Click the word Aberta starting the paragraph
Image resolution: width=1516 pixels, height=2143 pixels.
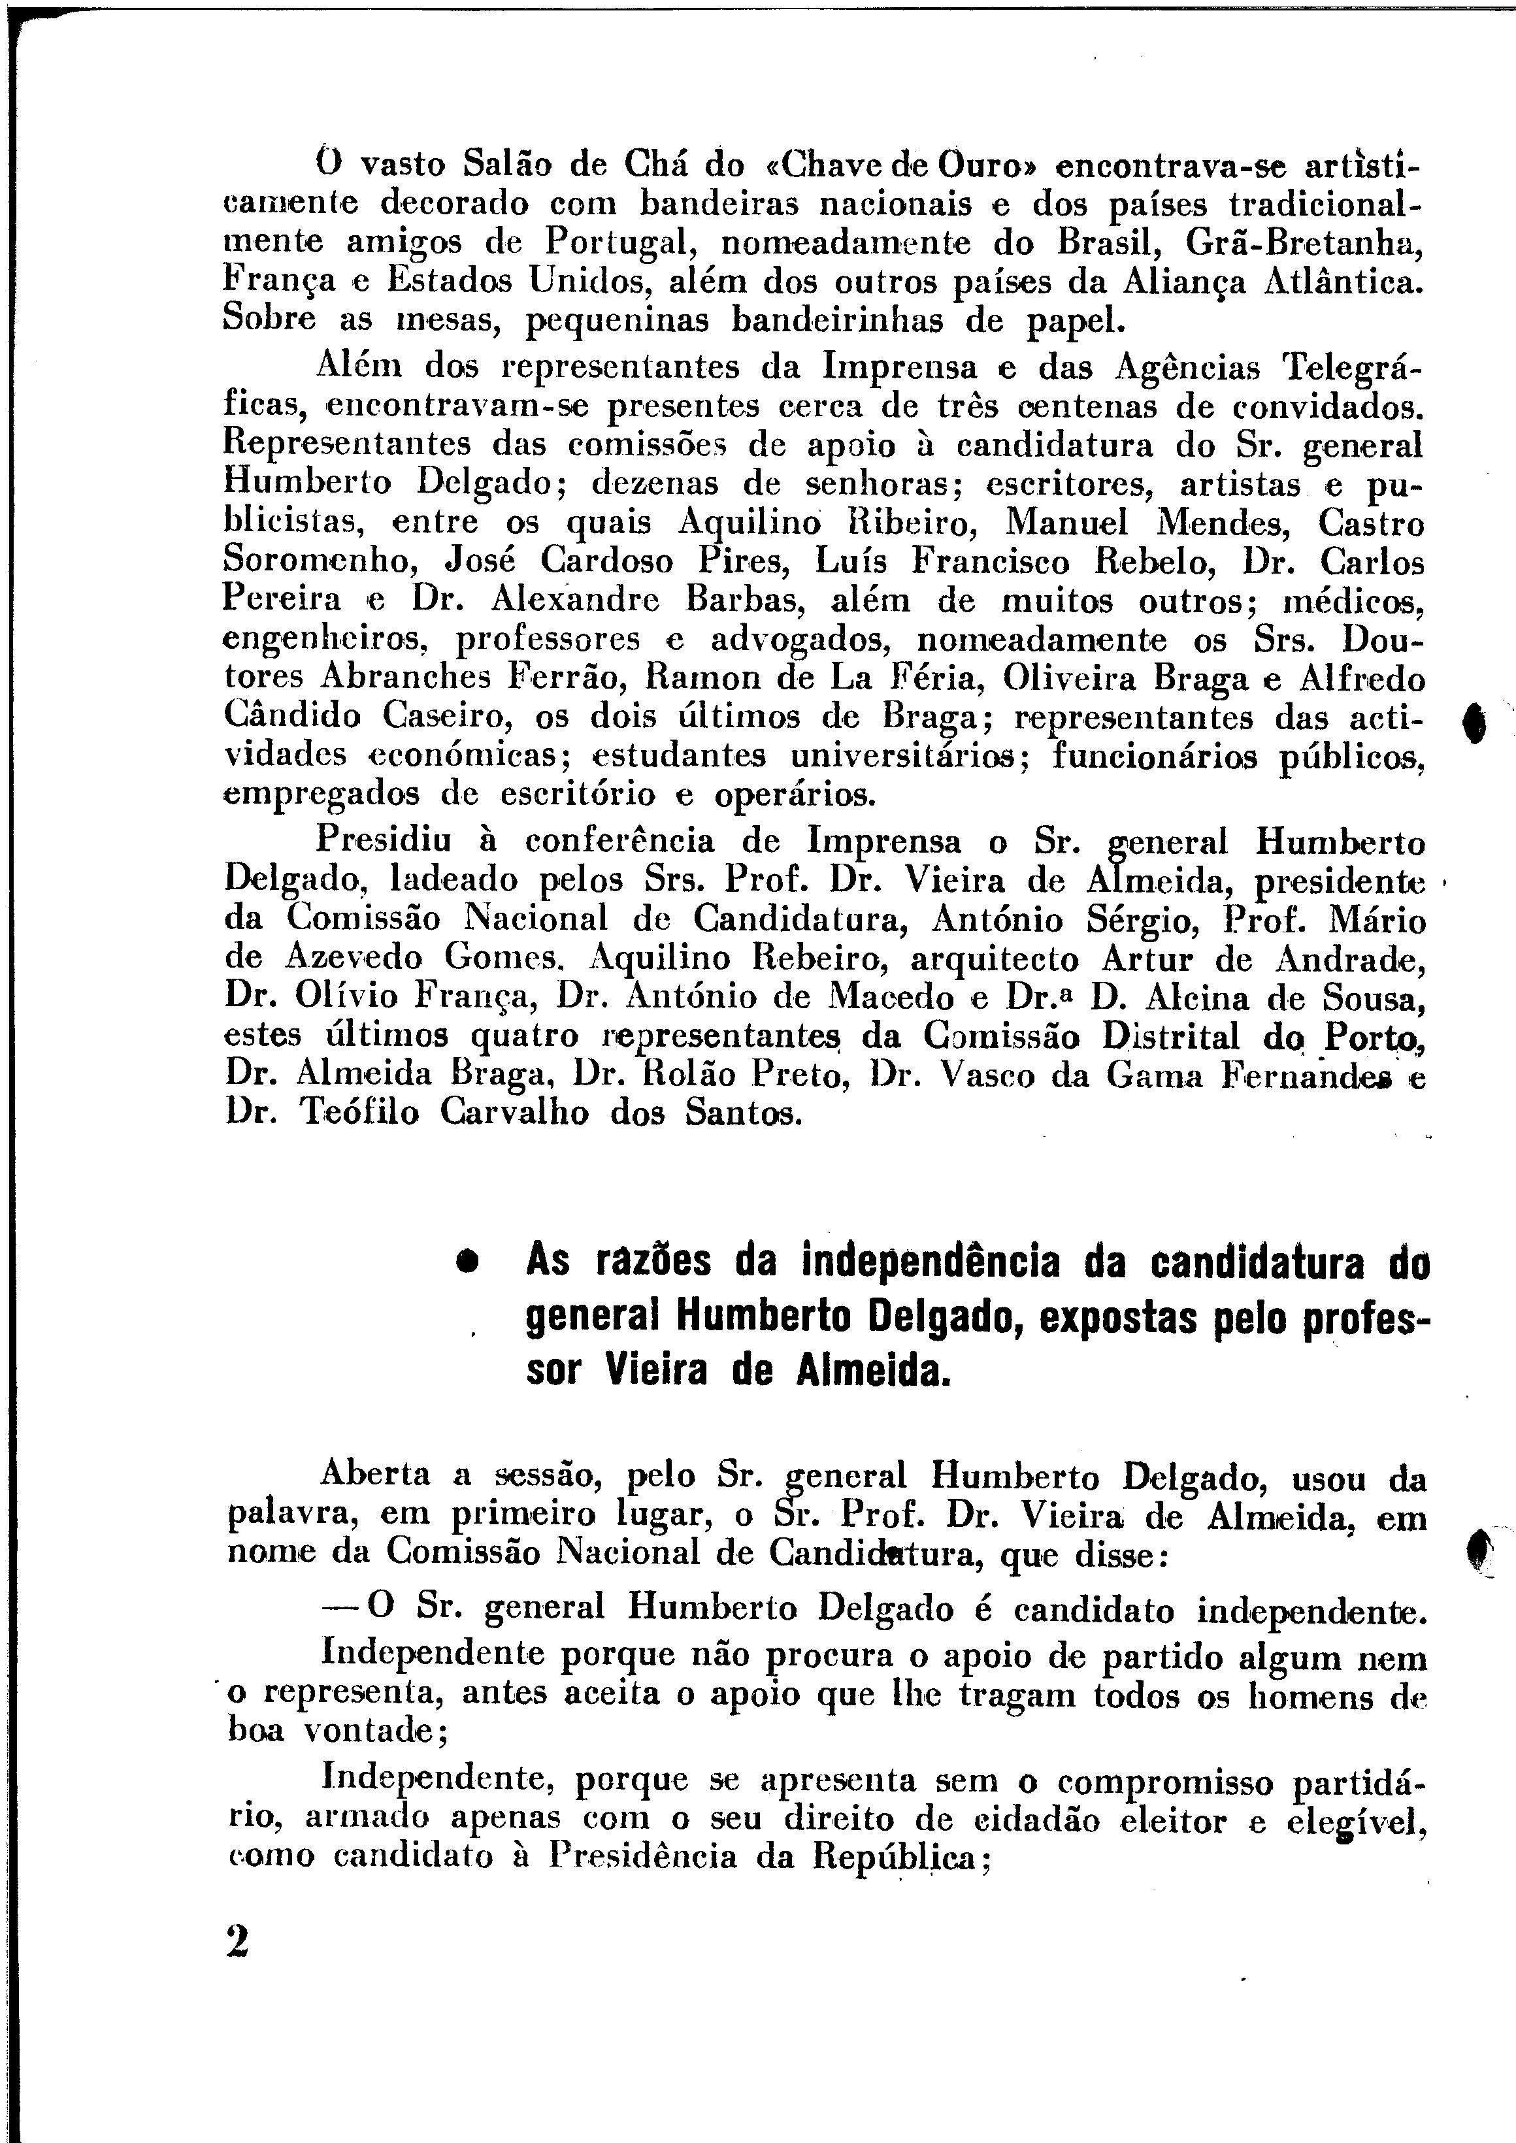click(x=375, y=1474)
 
